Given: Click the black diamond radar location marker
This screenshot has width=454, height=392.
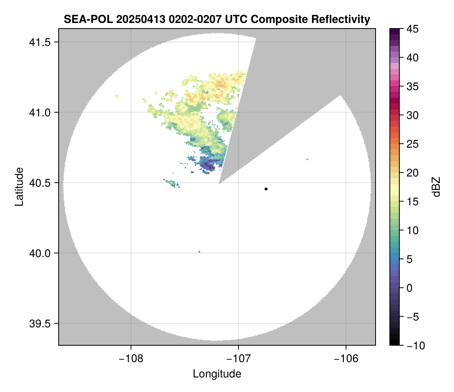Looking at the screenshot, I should click(266, 189).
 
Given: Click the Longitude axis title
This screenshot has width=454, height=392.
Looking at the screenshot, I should click(217, 373).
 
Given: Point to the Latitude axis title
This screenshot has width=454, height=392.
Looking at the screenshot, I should click(19, 186).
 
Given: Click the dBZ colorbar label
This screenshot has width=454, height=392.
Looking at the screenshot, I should click(436, 186).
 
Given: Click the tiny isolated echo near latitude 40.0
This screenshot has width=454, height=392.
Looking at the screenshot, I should click(199, 251).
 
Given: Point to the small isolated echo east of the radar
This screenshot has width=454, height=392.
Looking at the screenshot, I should click(307, 159).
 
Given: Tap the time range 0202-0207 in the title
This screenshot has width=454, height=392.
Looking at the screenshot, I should click(193, 19).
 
